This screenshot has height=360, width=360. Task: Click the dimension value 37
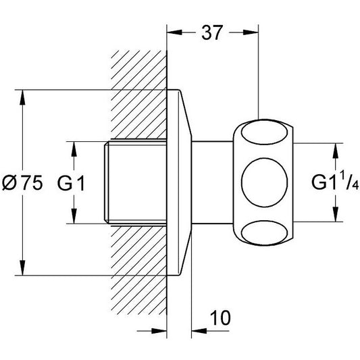[x=211, y=32]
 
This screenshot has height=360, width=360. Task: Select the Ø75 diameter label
[x=22, y=183]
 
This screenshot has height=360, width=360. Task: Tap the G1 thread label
[x=71, y=183]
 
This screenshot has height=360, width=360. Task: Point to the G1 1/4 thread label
[x=335, y=182]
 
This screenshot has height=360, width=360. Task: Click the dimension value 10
[x=220, y=318]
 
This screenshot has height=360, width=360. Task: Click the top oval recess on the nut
[x=264, y=133]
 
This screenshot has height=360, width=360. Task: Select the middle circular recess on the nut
[x=264, y=182]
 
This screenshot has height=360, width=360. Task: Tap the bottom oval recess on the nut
[x=264, y=232]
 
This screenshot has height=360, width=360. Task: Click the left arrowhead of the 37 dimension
[x=174, y=32]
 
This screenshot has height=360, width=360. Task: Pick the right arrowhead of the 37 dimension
[x=251, y=32]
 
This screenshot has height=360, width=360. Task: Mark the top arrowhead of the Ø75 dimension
[x=22, y=97]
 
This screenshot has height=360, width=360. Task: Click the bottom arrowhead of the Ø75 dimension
[x=22, y=267]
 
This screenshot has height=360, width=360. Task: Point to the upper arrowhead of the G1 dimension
[x=74, y=149]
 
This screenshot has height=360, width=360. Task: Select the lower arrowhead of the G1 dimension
[x=74, y=216]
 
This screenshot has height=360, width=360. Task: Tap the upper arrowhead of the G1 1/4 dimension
[x=336, y=151]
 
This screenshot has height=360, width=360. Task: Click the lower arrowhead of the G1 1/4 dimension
[x=336, y=214]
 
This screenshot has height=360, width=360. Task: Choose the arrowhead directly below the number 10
[x=199, y=331]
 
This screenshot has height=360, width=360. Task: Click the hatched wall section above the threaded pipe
[x=138, y=95]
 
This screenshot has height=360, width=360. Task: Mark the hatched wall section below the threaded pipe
[x=138, y=270]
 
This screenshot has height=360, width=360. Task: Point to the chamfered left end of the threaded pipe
[x=106, y=182]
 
